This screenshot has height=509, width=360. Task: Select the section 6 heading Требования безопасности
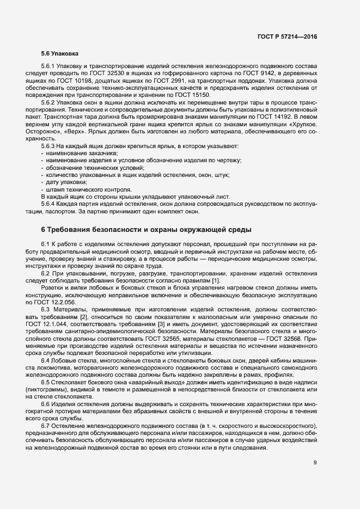click(x=145, y=229)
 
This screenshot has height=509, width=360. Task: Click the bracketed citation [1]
click(x=215, y=280)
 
